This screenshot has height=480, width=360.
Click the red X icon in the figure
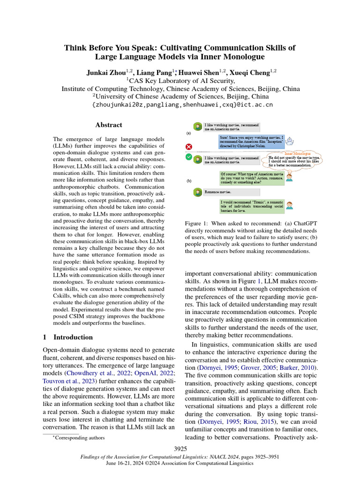(189, 147)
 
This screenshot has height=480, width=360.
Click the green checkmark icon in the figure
(189, 157)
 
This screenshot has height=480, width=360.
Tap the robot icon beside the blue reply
(290, 140)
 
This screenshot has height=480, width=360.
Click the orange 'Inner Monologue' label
(300, 154)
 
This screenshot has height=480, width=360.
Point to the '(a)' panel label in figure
(188, 133)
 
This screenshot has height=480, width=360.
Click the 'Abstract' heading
(109, 125)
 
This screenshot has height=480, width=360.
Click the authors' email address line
(180, 105)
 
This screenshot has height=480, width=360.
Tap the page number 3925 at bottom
(180, 449)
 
